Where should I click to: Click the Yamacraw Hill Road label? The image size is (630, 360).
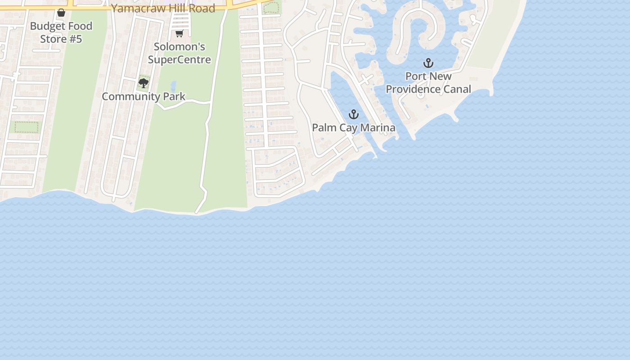163,8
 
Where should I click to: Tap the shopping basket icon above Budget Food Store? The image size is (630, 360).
61,13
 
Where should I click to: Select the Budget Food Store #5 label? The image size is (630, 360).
61,32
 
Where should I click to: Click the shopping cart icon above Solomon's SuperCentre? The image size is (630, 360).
179,34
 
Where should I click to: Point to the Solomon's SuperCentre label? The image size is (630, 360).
180,53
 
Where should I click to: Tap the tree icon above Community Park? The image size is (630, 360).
144,83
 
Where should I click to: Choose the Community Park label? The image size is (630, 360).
144,96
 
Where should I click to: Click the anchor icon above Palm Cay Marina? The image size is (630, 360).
354,114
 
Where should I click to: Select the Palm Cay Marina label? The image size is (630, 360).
354,128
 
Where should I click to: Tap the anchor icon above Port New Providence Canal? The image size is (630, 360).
428,63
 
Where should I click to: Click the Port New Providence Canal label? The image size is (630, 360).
428,83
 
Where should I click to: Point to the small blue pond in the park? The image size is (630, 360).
173,86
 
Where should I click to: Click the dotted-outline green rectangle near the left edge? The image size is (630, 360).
27,127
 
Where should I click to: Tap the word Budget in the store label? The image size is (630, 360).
47,26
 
